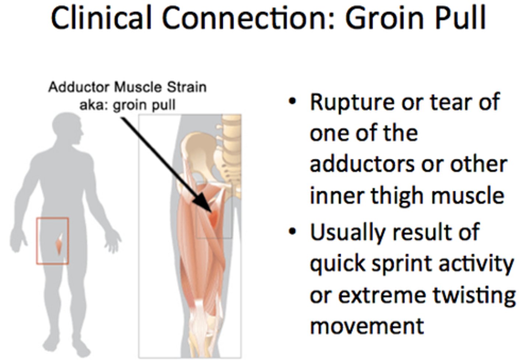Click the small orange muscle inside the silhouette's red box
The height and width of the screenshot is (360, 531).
(x=59, y=244)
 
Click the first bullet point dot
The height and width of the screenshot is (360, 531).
(x=292, y=101)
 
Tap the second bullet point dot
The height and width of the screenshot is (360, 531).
(x=292, y=232)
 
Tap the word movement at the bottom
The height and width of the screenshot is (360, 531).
(x=367, y=326)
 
